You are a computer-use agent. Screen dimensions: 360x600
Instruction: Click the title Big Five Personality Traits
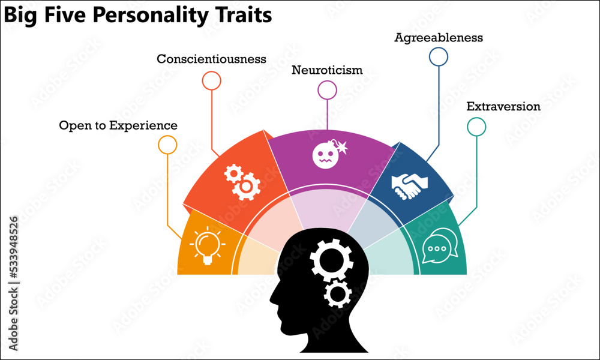point(138,16)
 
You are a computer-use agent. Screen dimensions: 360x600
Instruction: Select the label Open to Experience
point(118,125)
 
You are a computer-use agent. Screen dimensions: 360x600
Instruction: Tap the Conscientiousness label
point(211,59)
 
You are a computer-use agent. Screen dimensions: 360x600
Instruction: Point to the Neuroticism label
point(327,70)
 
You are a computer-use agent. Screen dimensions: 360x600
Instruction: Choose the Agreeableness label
point(439,37)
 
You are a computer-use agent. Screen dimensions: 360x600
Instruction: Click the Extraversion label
point(503,107)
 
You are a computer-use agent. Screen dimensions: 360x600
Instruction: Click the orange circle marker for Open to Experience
point(167,145)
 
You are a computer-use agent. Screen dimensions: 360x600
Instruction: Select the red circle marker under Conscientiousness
point(211,80)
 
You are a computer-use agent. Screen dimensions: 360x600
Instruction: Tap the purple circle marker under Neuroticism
point(327,90)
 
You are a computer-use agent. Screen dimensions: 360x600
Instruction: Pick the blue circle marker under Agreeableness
point(439,56)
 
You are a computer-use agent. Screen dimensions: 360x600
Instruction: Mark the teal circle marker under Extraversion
point(476,127)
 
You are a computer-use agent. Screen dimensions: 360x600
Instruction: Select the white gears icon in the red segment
point(242,182)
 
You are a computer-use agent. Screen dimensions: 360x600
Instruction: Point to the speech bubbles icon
point(440,247)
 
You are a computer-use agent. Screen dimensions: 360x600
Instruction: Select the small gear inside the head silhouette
point(338,294)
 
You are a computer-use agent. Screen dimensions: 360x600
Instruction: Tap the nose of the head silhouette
point(272,298)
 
